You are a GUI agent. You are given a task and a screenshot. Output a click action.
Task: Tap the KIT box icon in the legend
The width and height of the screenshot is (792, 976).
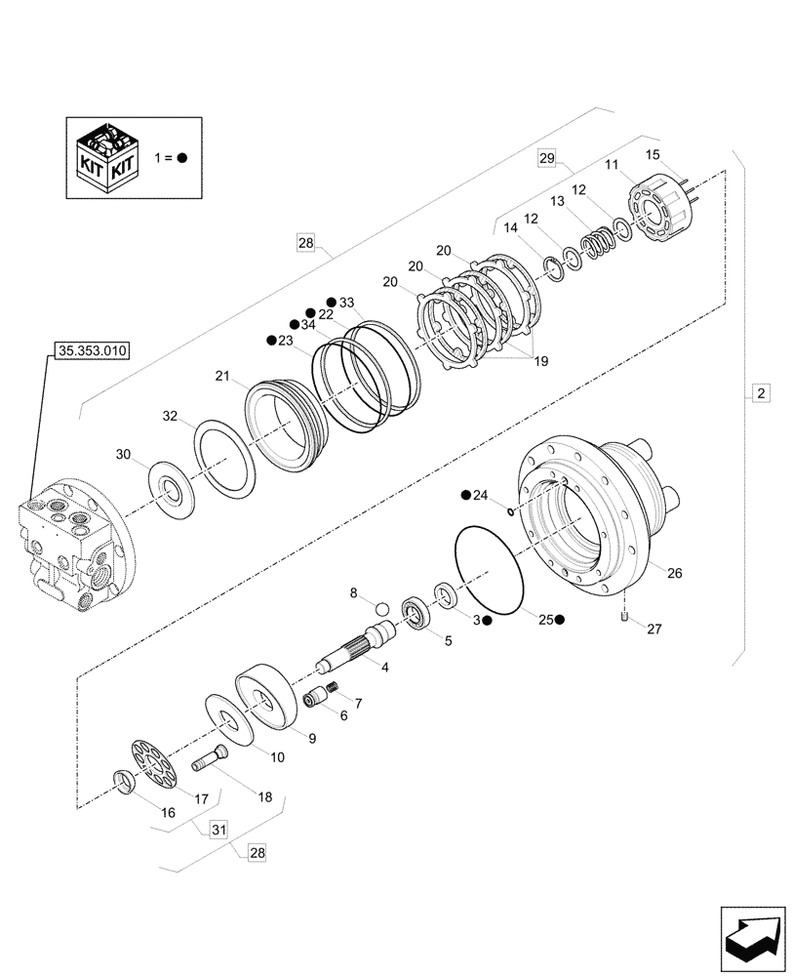tap(108, 156)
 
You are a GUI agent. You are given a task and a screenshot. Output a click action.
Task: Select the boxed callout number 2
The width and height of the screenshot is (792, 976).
tap(760, 394)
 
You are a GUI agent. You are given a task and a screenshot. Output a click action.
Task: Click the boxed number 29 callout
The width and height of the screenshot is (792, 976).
tap(546, 157)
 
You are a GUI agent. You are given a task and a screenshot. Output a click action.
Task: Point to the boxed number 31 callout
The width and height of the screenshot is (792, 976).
tap(218, 830)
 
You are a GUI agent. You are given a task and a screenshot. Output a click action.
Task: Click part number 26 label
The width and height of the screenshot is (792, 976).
tap(674, 573)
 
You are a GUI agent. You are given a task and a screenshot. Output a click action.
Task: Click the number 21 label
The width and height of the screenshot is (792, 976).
tap(222, 376)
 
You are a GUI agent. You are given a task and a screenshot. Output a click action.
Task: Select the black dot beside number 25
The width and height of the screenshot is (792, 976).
tap(560, 619)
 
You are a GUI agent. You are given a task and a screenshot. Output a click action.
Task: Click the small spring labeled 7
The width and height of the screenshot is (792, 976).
tap(330, 691)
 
